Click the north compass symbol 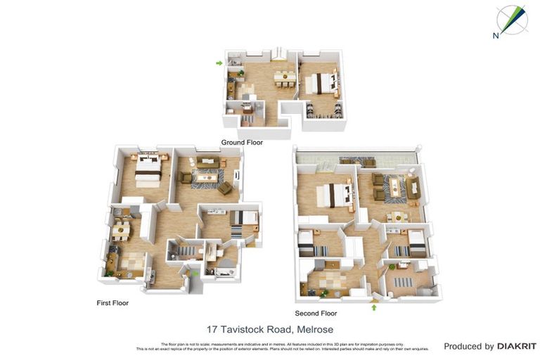pyautogui.click(x=510, y=20)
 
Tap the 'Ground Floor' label pyautogui.click(x=242, y=142)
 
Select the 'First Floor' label pyautogui.click(x=112, y=303)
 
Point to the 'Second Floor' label pyautogui.click(x=316, y=314)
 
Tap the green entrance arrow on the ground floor pyautogui.click(x=219, y=63)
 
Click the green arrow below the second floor pyautogui.click(x=373, y=307)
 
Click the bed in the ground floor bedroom pyautogui.click(x=318, y=83)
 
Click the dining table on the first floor pyautogui.click(x=122, y=229)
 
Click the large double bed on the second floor pyautogui.click(x=333, y=195)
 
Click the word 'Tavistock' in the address pyautogui.click(x=243, y=329)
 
